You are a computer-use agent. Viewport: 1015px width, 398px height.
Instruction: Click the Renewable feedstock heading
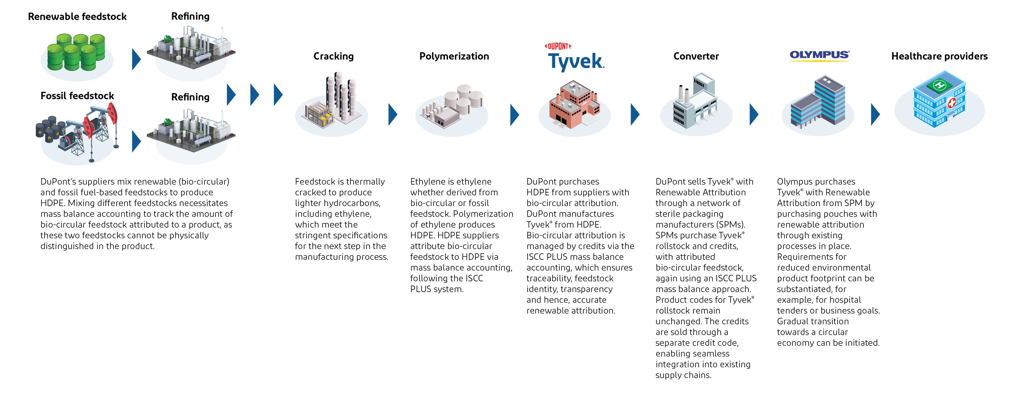tap(77, 17)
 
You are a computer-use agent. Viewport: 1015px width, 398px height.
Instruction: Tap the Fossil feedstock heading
tap(77, 96)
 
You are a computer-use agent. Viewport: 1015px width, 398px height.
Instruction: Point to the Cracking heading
tap(333, 56)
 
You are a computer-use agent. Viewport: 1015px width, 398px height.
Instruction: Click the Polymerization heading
tap(454, 56)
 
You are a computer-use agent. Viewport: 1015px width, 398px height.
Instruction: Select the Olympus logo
tap(819, 55)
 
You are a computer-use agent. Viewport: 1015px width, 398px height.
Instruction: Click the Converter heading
tap(696, 56)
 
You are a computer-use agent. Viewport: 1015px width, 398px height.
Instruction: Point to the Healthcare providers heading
tap(939, 56)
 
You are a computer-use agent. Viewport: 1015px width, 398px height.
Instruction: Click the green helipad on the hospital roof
tap(939, 85)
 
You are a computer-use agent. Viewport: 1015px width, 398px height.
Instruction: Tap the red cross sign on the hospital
tap(952, 103)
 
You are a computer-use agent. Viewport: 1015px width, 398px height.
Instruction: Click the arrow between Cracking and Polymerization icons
tap(392, 115)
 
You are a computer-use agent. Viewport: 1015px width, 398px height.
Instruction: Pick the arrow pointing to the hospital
tap(875, 115)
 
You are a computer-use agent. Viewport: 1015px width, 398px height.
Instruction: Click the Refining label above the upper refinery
tap(190, 17)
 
